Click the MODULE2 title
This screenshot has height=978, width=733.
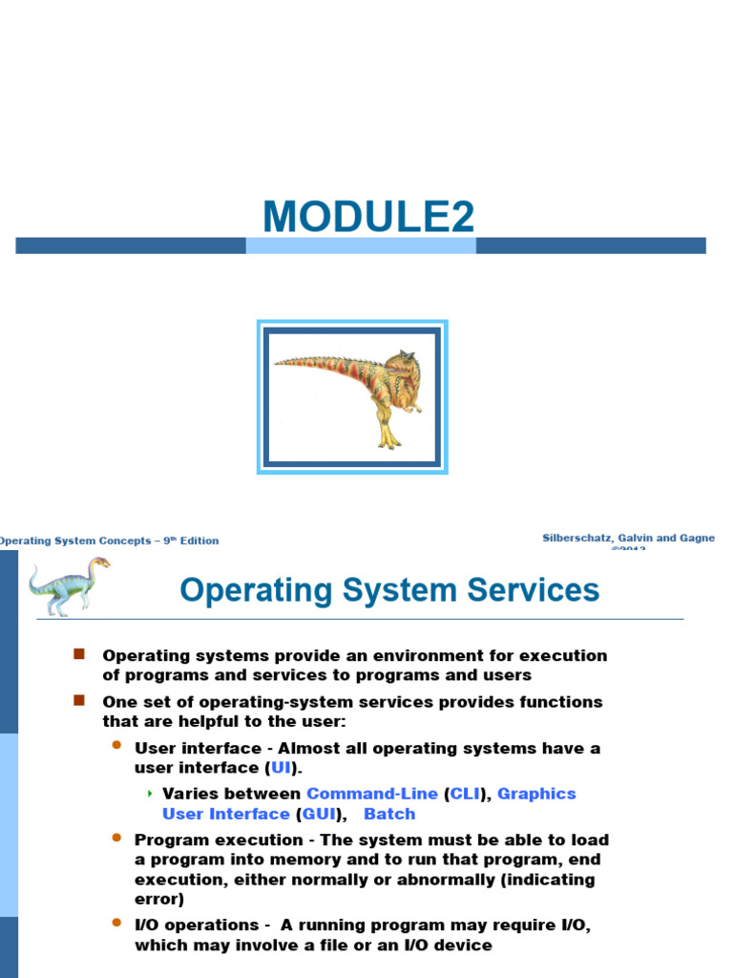pyautogui.click(x=368, y=218)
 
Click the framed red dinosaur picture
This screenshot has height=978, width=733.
pyautogui.click(x=352, y=397)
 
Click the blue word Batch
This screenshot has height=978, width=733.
pyautogui.click(x=389, y=814)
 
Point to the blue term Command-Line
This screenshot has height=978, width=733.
pyautogui.click(x=372, y=794)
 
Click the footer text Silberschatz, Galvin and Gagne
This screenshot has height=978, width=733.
pyautogui.click(x=628, y=539)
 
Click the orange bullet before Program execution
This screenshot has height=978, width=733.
pyautogui.click(x=117, y=839)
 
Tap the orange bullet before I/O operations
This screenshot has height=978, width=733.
pyautogui.click(x=117, y=924)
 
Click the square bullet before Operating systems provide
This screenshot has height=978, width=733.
pyautogui.click(x=79, y=654)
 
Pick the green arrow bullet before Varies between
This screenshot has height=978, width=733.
pyautogui.click(x=150, y=794)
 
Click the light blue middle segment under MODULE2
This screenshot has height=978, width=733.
pyautogui.click(x=361, y=245)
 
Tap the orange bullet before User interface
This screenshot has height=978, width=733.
pyautogui.click(x=117, y=746)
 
